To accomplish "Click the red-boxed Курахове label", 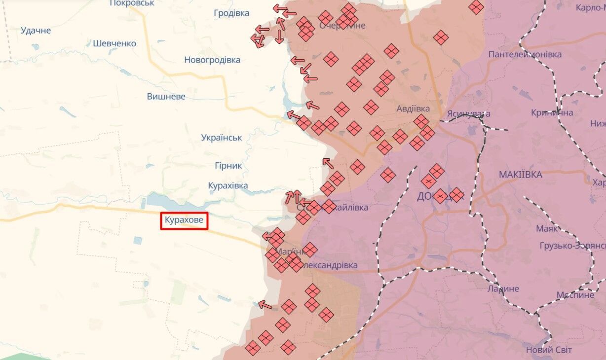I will coord(184,220).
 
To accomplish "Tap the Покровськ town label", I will coord(132,3).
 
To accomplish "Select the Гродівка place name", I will coord(231,13).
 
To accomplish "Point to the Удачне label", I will coord(36,31).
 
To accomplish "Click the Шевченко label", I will coord(114,43).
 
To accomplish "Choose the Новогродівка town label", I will coord(212,60).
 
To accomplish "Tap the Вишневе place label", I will coord(166,97).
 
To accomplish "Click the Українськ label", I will coord(222,138).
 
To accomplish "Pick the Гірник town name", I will coord(228,166).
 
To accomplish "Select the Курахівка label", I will coord(228,186).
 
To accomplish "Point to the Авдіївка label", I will coord(413,108).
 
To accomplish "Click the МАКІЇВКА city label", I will coord(520,175).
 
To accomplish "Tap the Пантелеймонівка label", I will coord(525,54).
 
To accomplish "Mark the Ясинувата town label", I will coord(469,114).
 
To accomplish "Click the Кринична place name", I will coord(552,113).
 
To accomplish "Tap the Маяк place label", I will coord(547,229).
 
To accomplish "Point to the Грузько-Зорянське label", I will coord(572,246).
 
